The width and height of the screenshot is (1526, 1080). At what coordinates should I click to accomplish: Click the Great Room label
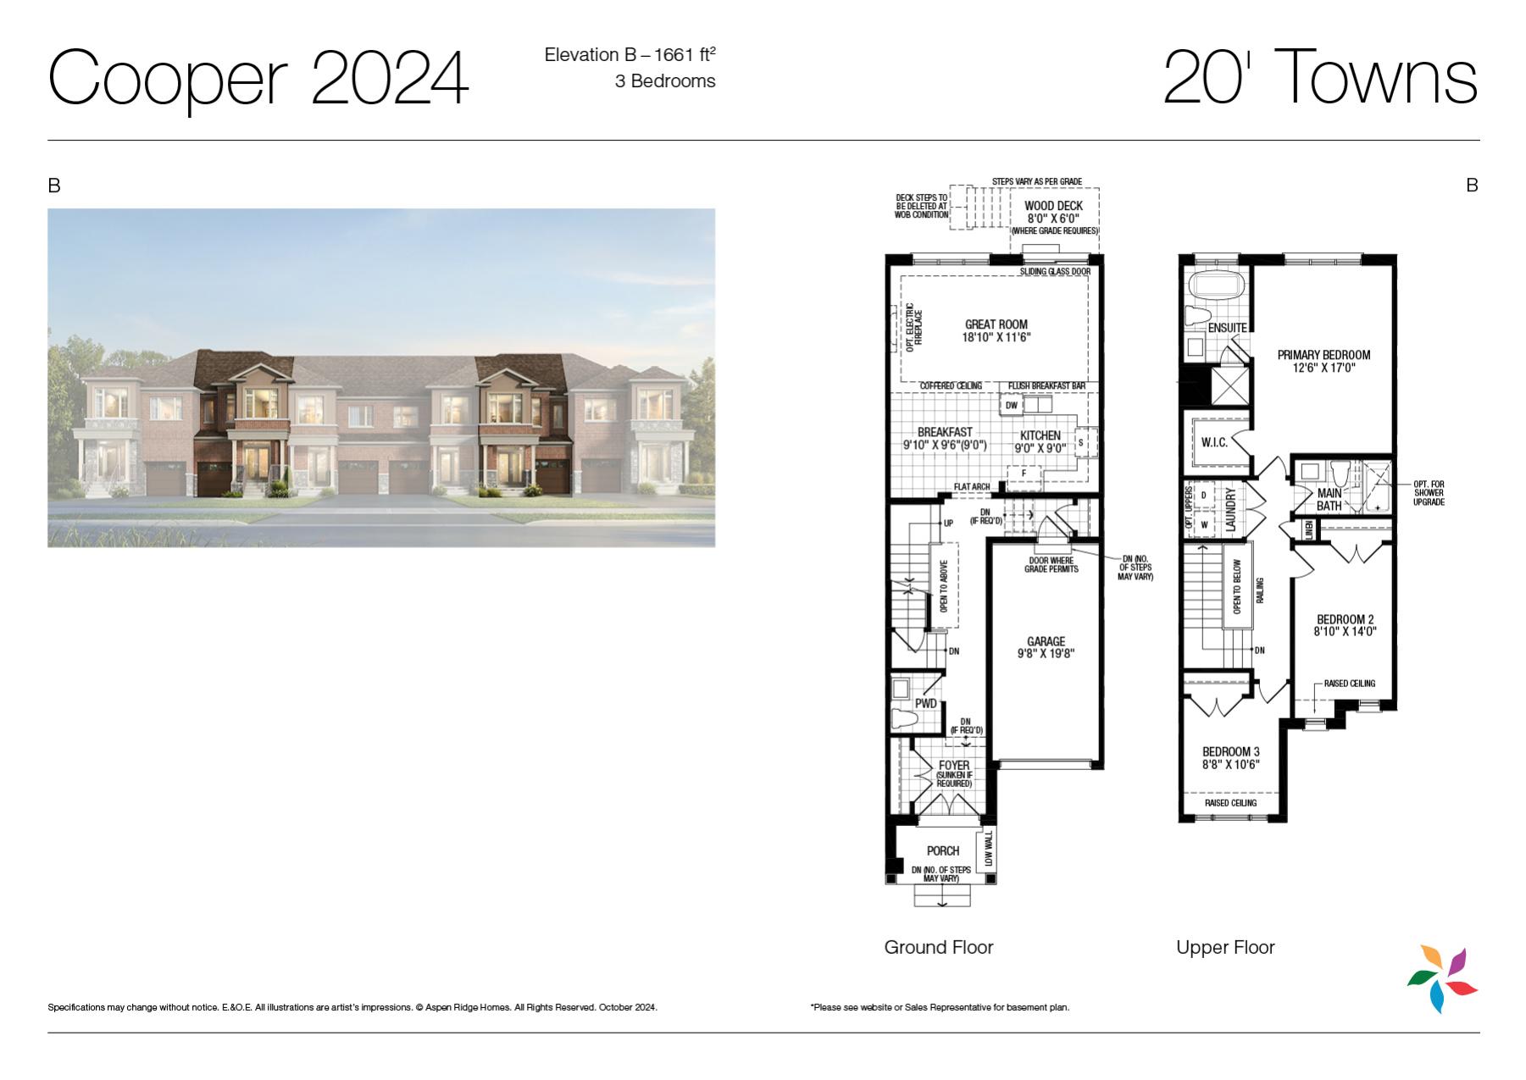996,324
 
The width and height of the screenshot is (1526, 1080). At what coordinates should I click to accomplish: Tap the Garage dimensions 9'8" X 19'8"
1046,653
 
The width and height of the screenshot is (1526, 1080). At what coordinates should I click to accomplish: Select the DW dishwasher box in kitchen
1011,406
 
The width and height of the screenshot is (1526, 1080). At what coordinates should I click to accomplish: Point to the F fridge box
1024,473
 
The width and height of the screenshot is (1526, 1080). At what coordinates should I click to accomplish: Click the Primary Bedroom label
1323,355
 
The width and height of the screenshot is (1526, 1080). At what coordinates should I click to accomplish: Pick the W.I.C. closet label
1214,442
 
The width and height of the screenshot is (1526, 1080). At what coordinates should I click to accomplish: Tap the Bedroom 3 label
1231,751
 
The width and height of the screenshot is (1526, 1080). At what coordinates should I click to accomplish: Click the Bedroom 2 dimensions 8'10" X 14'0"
1346,631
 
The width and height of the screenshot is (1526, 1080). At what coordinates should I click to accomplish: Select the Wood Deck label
1054,206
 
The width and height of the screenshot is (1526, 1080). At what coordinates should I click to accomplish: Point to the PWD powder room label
926,704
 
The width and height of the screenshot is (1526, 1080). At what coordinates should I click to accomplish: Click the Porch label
943,850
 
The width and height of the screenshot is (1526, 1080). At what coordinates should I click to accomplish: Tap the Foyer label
954,766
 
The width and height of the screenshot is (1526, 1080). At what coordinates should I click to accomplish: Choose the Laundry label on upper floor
1231,508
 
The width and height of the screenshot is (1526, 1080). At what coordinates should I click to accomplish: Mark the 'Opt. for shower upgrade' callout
1429,493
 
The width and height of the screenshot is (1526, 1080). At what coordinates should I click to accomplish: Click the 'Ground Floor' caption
939,947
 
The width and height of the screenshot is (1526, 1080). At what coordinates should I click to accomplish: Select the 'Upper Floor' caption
1225,948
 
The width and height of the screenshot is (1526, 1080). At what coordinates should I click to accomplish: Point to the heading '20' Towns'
1321,76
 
